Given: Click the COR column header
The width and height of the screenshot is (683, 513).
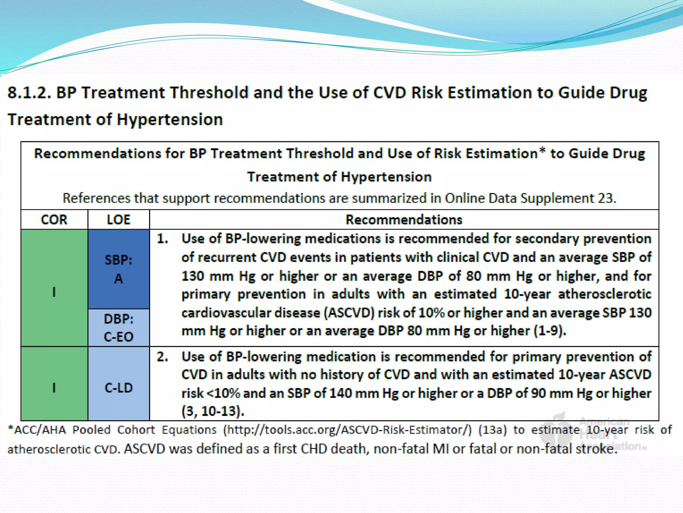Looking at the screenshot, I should (54, 220).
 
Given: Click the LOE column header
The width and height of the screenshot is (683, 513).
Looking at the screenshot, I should (118, 220).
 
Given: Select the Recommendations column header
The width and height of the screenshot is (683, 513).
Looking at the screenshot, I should (404, 220).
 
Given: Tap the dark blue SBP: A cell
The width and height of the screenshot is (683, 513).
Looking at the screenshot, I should (118, 269).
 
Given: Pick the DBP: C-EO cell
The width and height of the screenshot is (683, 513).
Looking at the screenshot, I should (118, 328).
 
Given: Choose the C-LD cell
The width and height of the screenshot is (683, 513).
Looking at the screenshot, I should (118, 388).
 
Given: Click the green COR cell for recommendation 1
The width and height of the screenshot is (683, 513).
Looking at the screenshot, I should (54, 291).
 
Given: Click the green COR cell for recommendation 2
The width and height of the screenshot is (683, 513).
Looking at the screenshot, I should (54, 387).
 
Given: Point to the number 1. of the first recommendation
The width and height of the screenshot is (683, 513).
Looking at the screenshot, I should (162, 239).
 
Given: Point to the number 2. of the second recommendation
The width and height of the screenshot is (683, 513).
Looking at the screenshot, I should (162, 357).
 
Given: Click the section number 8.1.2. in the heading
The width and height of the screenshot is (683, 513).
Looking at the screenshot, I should (29, 93).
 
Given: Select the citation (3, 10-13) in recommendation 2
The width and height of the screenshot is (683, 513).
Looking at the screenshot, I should (213, 411).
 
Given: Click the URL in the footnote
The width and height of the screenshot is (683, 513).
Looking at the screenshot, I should (348, 430).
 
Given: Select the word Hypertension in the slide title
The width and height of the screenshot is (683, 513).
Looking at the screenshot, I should (170, 120).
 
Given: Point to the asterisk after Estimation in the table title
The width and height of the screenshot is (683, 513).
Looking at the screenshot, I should (542, 151).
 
